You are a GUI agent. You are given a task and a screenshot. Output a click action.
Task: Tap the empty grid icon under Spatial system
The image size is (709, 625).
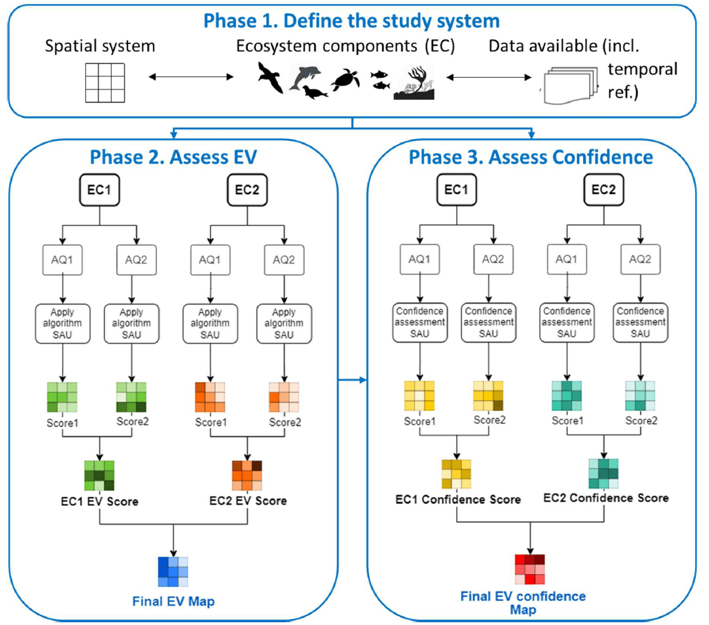100,83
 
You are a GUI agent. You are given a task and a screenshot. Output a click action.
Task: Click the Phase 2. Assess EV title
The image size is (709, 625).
173,158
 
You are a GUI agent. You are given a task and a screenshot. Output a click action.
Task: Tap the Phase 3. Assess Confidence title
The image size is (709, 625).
531,158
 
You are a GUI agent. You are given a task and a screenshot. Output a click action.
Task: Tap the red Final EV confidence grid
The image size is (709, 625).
530,568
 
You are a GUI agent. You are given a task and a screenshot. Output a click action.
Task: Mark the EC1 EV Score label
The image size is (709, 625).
100,502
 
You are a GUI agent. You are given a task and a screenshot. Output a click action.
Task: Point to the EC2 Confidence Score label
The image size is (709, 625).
606,497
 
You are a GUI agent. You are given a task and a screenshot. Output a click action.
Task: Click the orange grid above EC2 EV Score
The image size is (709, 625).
247,475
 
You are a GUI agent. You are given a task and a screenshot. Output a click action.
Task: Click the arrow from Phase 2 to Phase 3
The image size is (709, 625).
354,377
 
